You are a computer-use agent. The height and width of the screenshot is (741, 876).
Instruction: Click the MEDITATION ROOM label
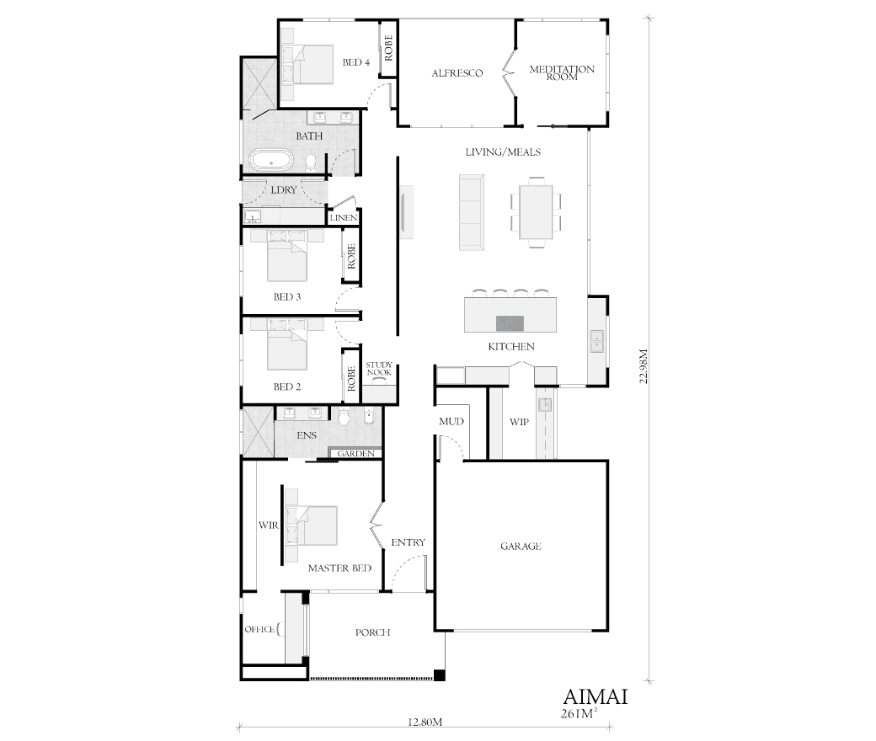pos(562,73)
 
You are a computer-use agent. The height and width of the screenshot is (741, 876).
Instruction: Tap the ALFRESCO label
pos(457,73)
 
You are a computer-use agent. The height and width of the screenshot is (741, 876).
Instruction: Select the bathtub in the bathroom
pos(271,160)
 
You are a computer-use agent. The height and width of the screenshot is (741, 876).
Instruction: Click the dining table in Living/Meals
pos(536,211)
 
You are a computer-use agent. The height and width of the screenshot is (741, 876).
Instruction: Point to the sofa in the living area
pos(471,211)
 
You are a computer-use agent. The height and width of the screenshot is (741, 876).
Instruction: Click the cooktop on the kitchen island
pos(510,323)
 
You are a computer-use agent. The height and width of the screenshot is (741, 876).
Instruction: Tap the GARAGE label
pos(521,546)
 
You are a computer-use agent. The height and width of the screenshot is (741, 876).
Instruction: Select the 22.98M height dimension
pos(644,366)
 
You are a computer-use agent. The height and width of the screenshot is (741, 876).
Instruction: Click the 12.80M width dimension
pos(425,722)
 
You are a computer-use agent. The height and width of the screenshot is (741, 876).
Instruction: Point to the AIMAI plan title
pos(596,697)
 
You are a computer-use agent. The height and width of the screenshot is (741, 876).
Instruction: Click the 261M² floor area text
pos(579,713)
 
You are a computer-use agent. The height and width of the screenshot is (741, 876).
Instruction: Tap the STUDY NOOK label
pos(379,369)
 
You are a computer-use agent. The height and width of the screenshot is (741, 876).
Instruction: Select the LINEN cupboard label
pos(344,218)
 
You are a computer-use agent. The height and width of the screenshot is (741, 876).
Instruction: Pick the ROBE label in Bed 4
pos(388,48)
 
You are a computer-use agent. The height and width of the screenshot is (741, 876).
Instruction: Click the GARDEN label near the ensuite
pos(355,453)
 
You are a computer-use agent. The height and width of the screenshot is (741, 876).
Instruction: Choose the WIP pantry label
pos(519,422)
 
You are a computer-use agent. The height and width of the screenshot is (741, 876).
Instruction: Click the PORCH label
pos(372,632)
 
